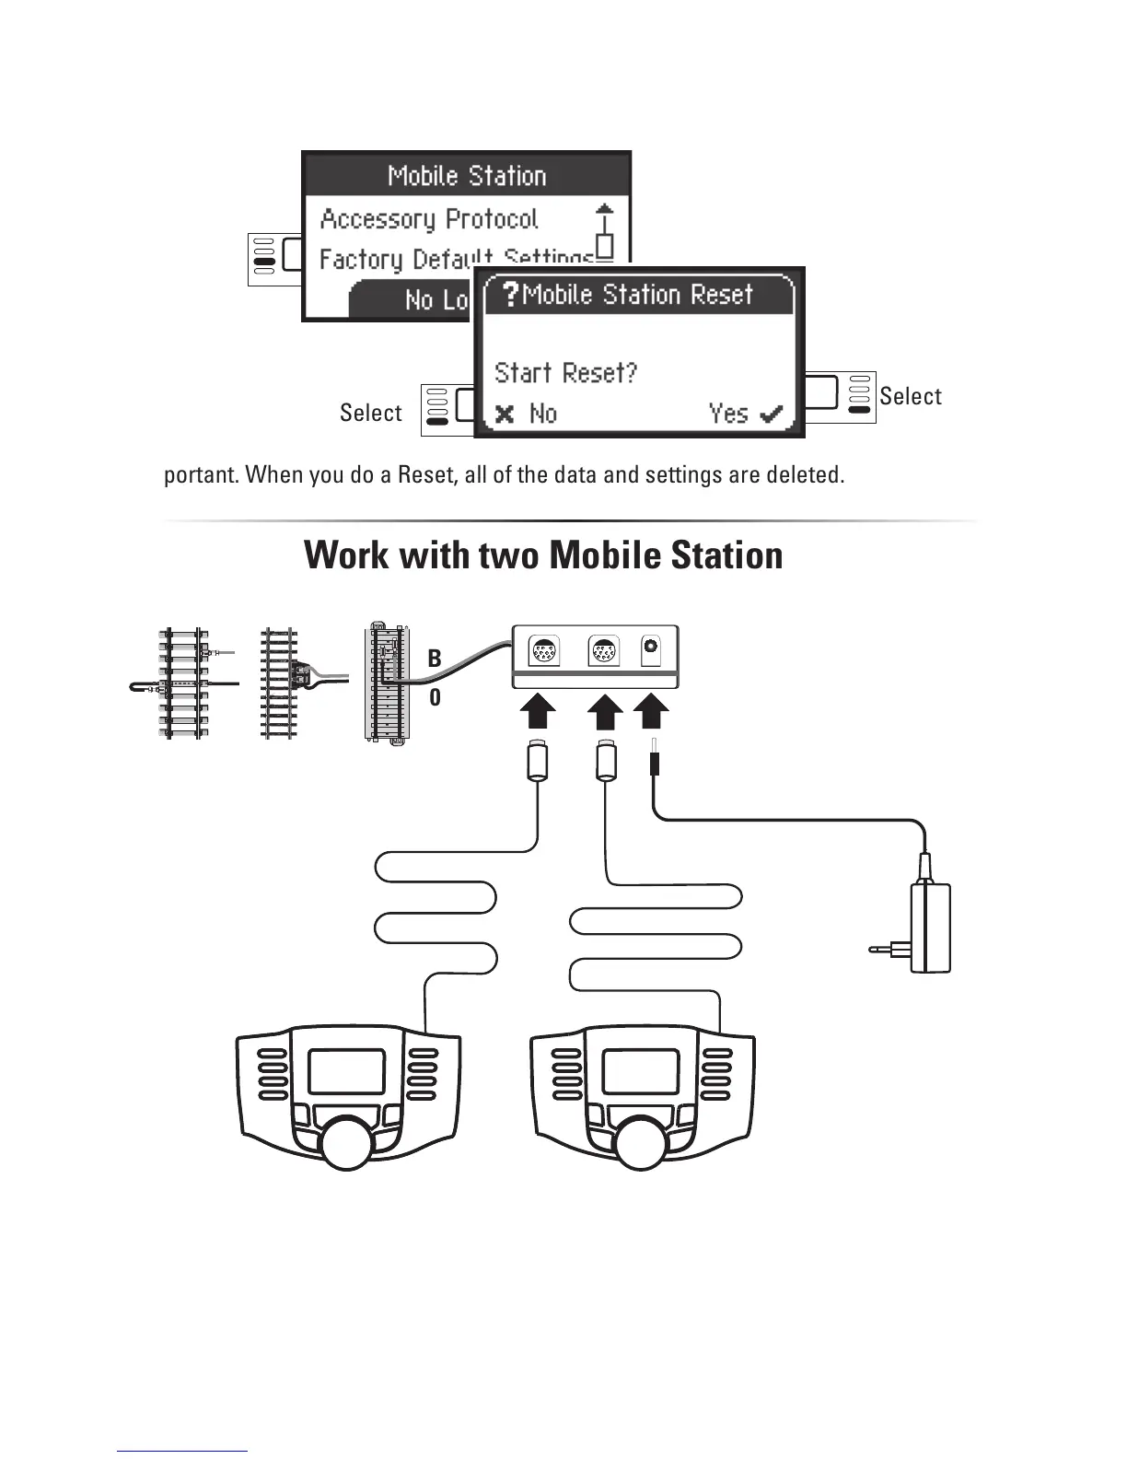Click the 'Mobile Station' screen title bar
click(467, 175)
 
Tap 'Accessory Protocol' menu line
click(428, 219)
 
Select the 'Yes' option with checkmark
click(745, 414)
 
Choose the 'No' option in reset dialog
click(528, 414)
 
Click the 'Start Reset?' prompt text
click(565, 373)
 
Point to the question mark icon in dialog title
click(510, 295)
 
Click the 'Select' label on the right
click(910, 396)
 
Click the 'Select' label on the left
click(370, 413)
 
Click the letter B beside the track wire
click(435, 659)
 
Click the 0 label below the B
click(435, 698)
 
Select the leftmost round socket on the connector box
click(543, 651)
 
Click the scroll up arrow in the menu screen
click(604, 210)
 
